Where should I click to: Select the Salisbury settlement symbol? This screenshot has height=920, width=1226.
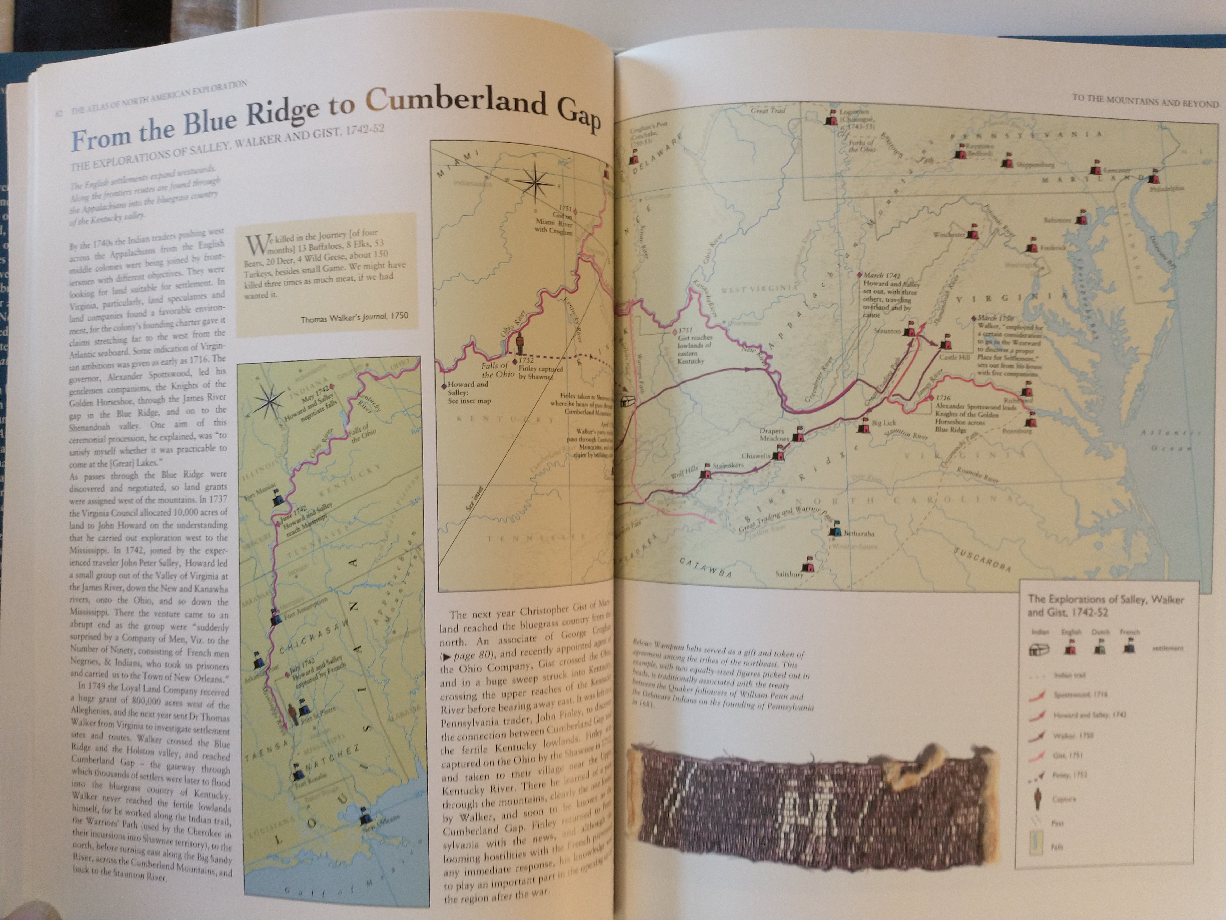[810, 565]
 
